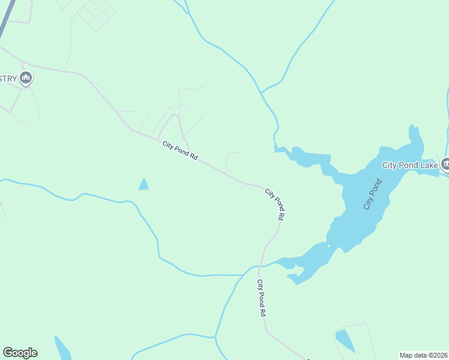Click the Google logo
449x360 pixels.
(20, 353)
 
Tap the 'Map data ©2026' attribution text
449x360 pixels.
(423, 355)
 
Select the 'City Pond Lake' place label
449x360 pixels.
(411, 164)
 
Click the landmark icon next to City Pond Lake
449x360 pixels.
(445, 163)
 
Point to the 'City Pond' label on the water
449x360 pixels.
(372, 194)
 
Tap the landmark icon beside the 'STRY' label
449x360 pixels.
(25, 77)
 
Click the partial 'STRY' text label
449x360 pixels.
(8, 78)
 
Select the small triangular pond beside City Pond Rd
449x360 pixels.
(143, 185)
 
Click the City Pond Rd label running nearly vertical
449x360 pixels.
(261, 298)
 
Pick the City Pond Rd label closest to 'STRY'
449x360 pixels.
(179, 150)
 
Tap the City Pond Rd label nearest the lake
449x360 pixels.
(274, 205)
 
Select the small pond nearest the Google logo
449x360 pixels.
(62, 347)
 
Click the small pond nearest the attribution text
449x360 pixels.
(345, 340)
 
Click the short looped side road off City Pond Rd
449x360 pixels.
(229, 161)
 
